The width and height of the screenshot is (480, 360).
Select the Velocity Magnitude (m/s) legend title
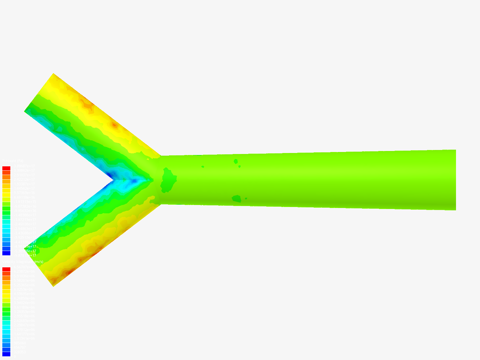tap(23, 262)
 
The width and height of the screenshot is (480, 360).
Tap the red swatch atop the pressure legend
tap(6, 168)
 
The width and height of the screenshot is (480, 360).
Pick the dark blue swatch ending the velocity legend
tap(6, 354)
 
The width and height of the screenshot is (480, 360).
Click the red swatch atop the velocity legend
tap(6, 269)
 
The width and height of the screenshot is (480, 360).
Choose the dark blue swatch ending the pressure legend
tap(6, 253)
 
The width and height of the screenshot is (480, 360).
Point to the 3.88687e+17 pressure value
tap(24, 166)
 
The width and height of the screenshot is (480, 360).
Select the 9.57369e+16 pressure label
tap(24, 193)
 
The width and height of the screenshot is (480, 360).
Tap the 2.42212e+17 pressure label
tap(24, 179)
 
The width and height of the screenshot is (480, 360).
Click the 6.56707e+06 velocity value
tap(24, 267)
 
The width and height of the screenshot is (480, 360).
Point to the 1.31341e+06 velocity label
tap(24, 338)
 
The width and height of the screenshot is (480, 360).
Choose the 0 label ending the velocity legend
tap(14, 356)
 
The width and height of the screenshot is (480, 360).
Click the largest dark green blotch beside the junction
tap(169, 180)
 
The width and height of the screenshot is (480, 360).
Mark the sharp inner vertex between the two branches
tap(114, 180)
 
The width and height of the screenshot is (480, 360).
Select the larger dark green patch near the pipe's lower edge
tap(236, 199)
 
